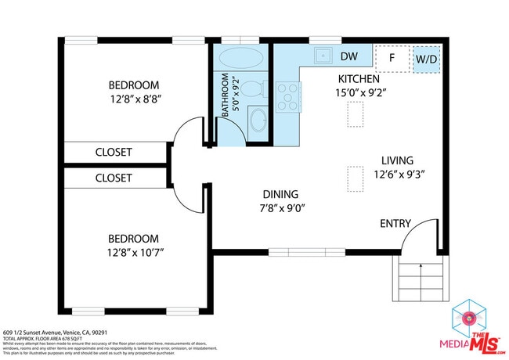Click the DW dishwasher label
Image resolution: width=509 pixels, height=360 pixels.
click(x=349, y=56)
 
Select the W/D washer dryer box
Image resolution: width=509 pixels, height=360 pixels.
click(x=426, y=59)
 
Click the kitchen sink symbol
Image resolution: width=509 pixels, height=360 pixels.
click(x=322, y=56)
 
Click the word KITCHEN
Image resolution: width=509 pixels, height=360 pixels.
click(x=359, y=79)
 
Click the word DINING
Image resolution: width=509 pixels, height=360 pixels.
click(x=280, y=194)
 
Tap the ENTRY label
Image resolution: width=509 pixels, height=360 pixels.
click(x=395, y=224)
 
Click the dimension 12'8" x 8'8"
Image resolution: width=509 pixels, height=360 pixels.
click(x=134, y=99)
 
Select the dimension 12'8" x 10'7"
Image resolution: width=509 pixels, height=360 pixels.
click(x=134, y=252)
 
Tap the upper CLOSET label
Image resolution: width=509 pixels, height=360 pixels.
click(x=114, y=152)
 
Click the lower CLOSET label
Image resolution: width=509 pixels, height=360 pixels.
click(x=114, y=178)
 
